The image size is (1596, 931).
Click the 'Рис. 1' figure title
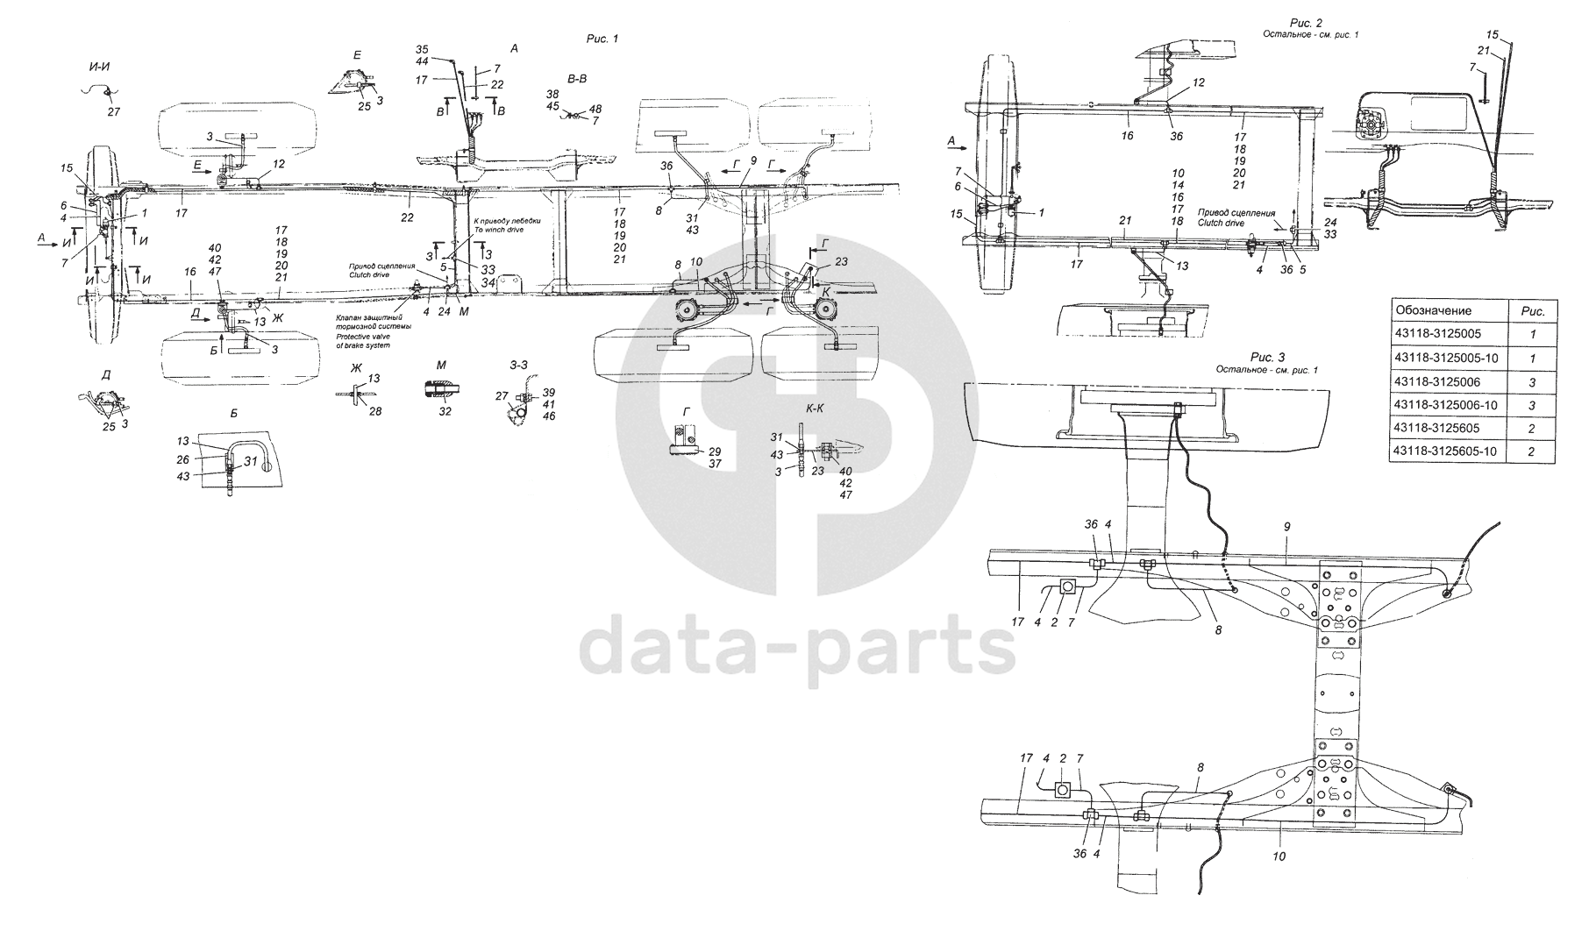[x=602, y=39]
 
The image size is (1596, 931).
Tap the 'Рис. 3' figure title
[x=1269, y=357]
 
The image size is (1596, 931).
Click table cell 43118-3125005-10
[x=1444, y=358]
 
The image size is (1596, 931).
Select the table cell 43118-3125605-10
[x=1444, y=451]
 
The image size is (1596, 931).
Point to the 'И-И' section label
[x=99, y=66]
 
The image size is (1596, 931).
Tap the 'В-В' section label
[x=577, y=79]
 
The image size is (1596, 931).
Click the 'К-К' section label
[x=816, y=410]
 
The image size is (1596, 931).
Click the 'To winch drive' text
[x=497, y=230]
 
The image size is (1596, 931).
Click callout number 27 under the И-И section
[x=113, y=111]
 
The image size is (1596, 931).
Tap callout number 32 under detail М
[x=445, y=411]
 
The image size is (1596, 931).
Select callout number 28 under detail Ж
[x=375, y=411]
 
